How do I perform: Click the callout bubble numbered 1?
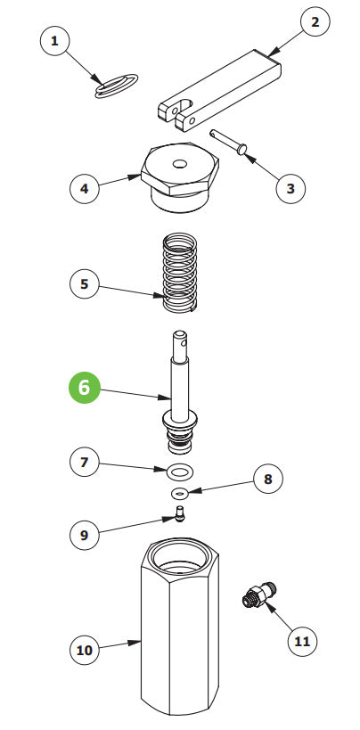(x=56, y=42)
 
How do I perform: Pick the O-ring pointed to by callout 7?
(x=180, y=471)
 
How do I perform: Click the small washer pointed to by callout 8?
(x=180, y=493)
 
